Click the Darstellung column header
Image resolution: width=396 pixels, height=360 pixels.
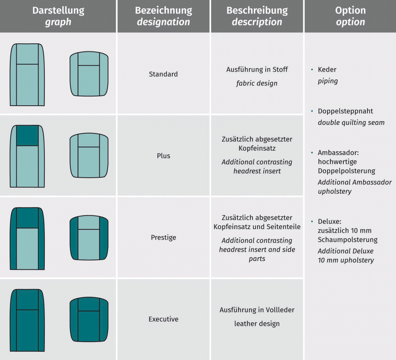[58, 10]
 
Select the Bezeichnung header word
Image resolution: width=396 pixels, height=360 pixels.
[163, 10]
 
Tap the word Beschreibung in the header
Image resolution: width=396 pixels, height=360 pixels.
[257, 10]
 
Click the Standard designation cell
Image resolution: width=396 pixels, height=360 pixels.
[163, 74]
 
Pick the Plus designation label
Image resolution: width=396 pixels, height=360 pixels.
[163, 156]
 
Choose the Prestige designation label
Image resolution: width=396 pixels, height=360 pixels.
[163, 237]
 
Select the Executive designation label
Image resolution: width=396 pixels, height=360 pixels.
[163, 319]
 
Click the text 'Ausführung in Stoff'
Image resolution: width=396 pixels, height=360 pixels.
[257, 70]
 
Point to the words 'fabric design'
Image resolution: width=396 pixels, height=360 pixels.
[257, 83]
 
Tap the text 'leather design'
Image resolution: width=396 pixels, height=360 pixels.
[257, 324]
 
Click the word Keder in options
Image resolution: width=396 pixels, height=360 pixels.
[327, 70]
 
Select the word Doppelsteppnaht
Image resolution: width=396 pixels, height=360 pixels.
[345, 111]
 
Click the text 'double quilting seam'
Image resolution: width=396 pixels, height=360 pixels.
[351, 122]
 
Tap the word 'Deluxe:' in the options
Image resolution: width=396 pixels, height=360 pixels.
[329, 222]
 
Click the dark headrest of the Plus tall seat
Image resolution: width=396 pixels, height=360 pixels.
[27, 135]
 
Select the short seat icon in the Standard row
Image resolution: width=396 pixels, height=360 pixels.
[89, 74]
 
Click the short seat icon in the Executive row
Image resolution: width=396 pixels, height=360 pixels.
[89, 319]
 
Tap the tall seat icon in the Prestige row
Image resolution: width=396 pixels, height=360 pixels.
[27, 238]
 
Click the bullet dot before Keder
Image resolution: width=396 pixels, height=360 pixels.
[312, 70]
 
